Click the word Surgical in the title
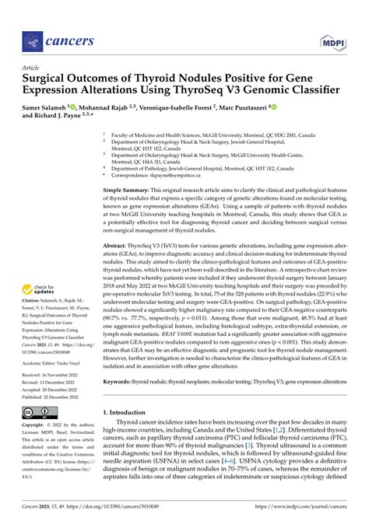(x=48, y=79)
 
